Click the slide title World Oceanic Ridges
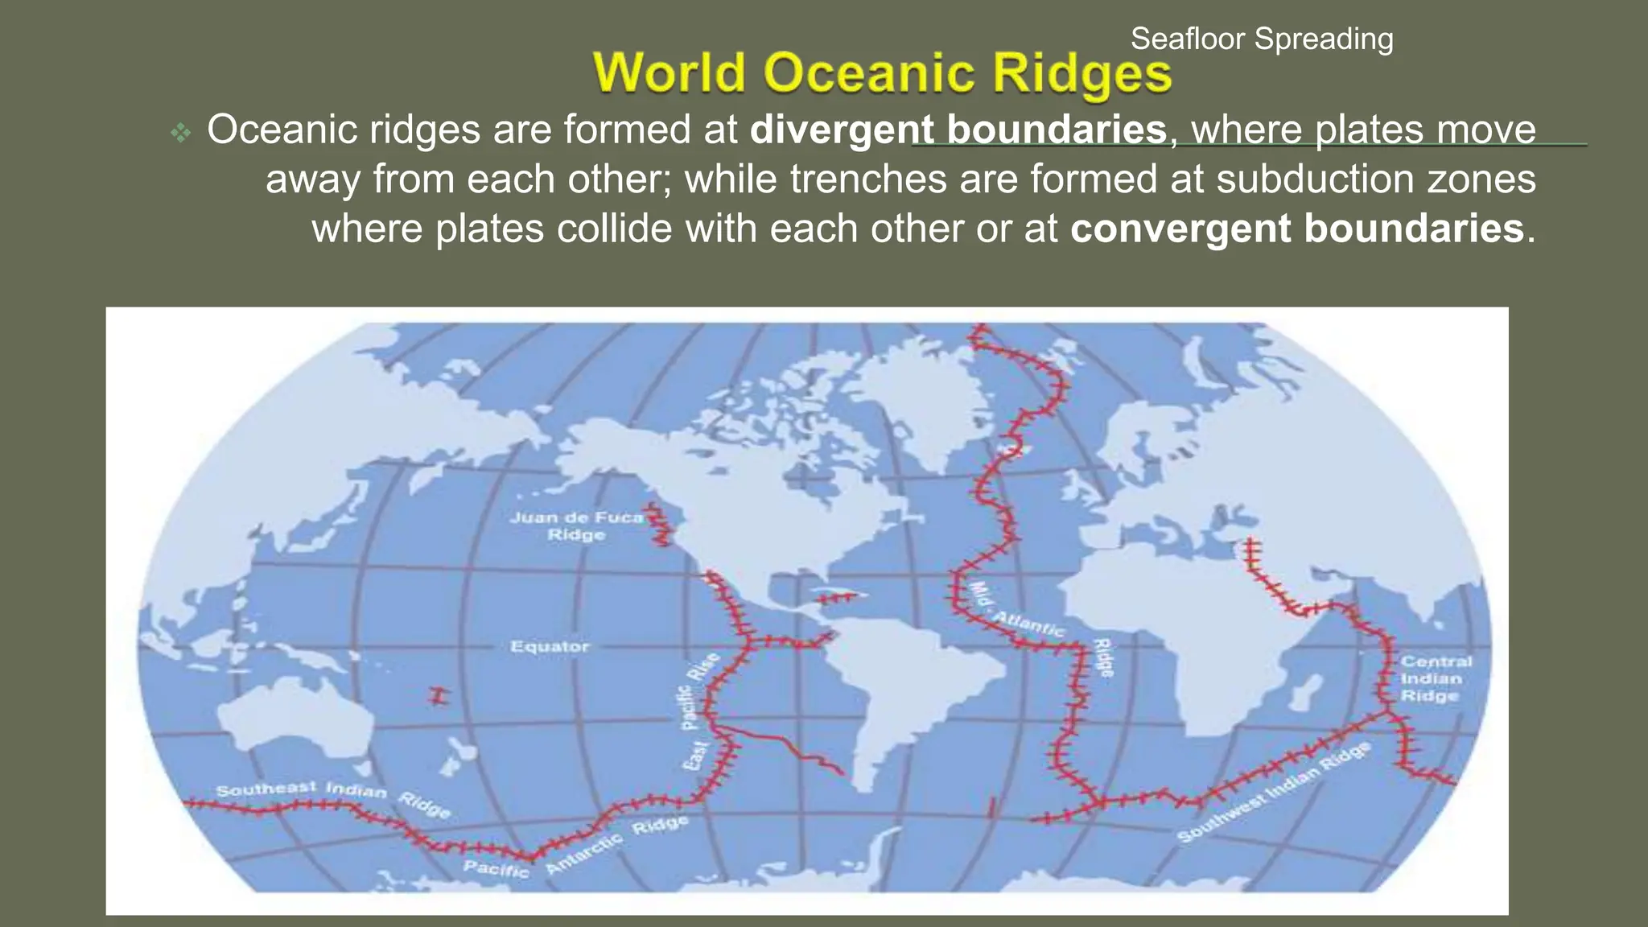[882, 73]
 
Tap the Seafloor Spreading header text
[1261, 39]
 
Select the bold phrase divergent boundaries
[958, 130]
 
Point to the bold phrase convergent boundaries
[1296, 229]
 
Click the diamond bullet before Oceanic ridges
[181, 131]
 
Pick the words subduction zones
[1375, 179]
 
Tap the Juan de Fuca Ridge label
[577, 525]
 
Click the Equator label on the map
[550, 646]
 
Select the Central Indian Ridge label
[1436, 678]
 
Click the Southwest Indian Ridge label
[1273, 793]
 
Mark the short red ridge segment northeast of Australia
[438, 695]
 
